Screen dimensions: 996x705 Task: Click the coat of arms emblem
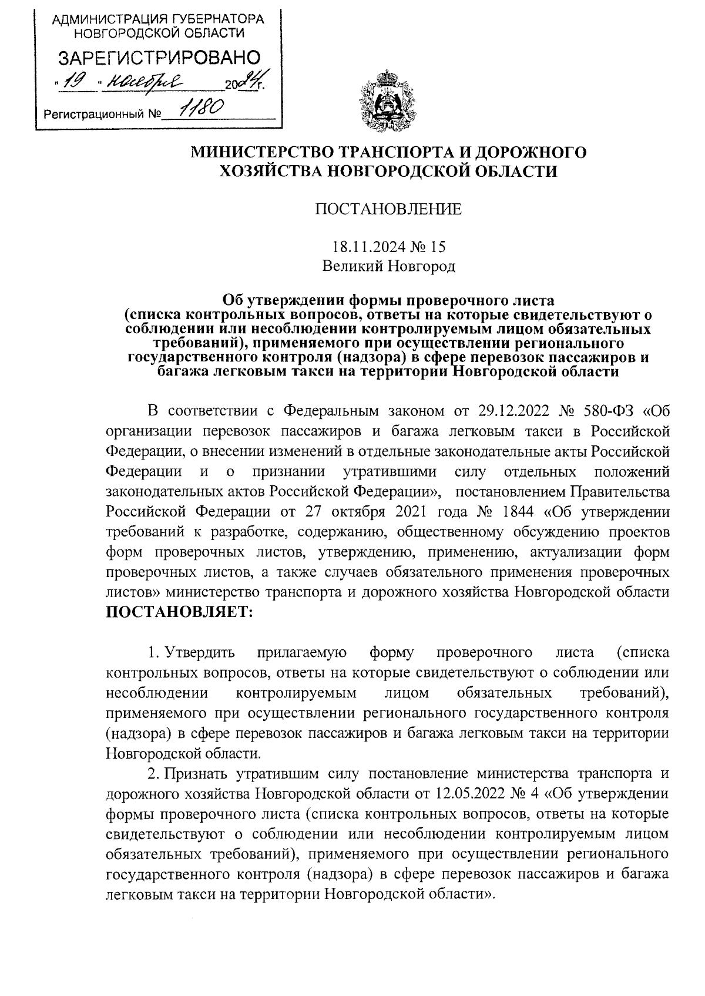[387, 99]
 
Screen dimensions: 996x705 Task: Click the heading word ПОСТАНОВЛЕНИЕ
[388, 209]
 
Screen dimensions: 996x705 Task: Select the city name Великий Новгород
[388, 266]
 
